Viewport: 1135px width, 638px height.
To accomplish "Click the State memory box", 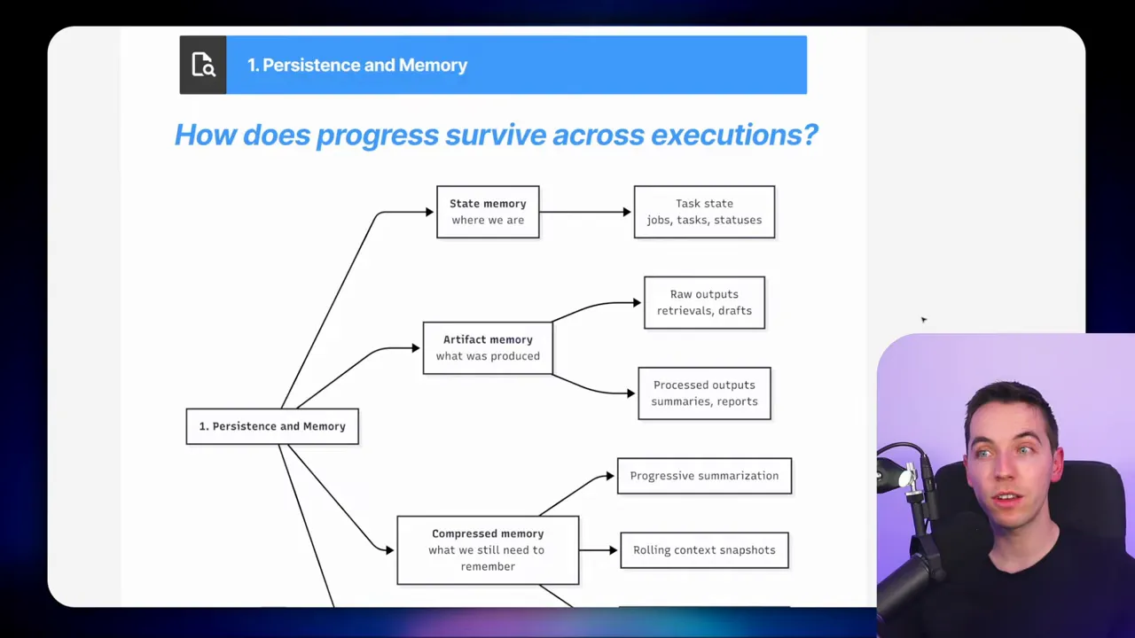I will point(488,212).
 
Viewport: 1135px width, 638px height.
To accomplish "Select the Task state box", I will point(704,212).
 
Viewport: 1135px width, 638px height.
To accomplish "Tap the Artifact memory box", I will point(488,347).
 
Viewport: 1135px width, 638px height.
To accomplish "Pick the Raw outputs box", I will point(704,302).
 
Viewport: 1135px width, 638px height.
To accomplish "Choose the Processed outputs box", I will point(704,393).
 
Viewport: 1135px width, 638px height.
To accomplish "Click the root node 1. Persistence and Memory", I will point(272,426).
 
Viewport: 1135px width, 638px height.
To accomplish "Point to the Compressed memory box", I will point(488,550).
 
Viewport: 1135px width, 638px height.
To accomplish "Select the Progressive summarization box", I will point(704,476).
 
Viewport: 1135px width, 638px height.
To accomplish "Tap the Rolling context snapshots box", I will point(704,550).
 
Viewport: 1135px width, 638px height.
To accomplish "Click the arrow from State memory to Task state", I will point(585,212).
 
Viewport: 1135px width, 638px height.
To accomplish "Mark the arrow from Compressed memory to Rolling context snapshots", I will point(599,550).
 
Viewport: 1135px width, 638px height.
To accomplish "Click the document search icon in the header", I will point(203,66).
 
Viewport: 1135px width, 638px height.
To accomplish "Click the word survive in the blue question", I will point(495,135).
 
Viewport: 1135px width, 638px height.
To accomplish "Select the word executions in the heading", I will point(733,135).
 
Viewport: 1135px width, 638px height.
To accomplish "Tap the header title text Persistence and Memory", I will point(364,66).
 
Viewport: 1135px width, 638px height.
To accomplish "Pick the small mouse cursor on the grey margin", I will point(923,320).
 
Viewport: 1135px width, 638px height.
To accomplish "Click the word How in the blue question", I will point(205,135).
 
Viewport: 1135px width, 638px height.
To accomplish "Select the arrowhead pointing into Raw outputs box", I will point(637,302).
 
